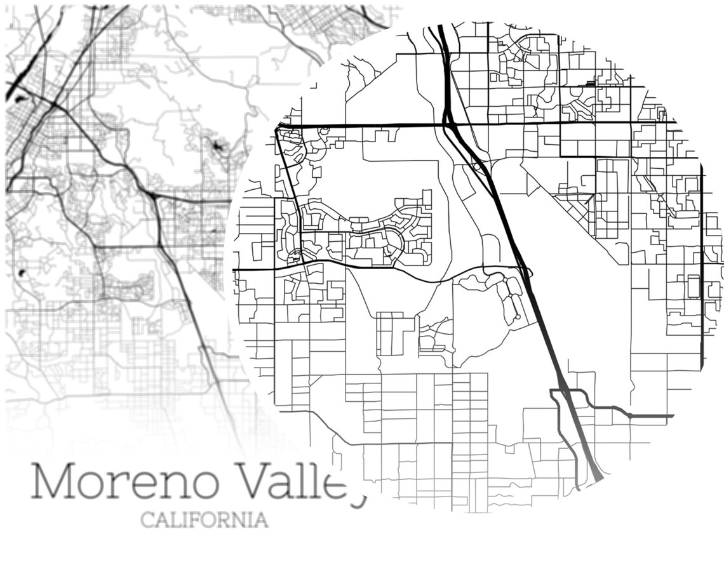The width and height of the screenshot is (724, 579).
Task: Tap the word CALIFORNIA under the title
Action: point(204,520)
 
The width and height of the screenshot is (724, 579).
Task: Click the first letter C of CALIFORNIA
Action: point(147,520)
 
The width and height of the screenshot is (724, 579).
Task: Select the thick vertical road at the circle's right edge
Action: point(702,267)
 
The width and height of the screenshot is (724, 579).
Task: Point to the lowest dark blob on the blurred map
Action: point(23,273)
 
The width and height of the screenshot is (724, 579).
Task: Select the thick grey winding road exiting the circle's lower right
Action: point(635,416)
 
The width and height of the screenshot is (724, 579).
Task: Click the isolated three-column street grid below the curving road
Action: point(390,333)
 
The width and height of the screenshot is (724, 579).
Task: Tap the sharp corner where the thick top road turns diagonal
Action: point(278,128)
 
